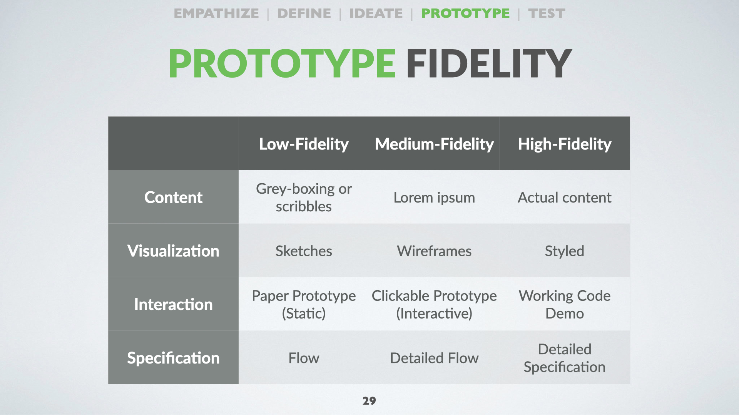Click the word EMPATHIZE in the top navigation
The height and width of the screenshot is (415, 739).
(216, 13)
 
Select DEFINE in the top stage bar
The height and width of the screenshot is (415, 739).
(304, 13)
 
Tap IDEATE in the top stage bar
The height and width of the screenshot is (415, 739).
(376, 13)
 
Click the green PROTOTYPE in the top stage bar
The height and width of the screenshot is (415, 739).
(465, 13)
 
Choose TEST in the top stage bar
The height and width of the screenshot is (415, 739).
(547, 13)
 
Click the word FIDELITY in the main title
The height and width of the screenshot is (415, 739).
(489, 63)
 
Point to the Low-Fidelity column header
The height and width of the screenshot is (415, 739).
(304, 144)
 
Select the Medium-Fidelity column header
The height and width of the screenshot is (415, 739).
(434, 144)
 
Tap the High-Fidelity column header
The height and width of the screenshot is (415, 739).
(565, 144)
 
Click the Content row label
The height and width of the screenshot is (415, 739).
(173, 197)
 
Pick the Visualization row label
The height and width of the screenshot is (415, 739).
(173, 251)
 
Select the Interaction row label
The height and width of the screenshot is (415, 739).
(173, 304)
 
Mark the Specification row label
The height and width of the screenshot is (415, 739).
(173, 358)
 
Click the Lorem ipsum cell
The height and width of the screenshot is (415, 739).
(434, 198)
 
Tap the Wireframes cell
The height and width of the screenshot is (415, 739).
(434, 251)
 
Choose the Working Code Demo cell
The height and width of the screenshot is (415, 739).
(565, 304)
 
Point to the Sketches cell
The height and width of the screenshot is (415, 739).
(304, 251)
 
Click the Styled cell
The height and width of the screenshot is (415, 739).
(565, 251)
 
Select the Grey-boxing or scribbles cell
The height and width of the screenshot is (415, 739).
(304, 198)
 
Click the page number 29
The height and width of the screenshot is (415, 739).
(369, 401)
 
